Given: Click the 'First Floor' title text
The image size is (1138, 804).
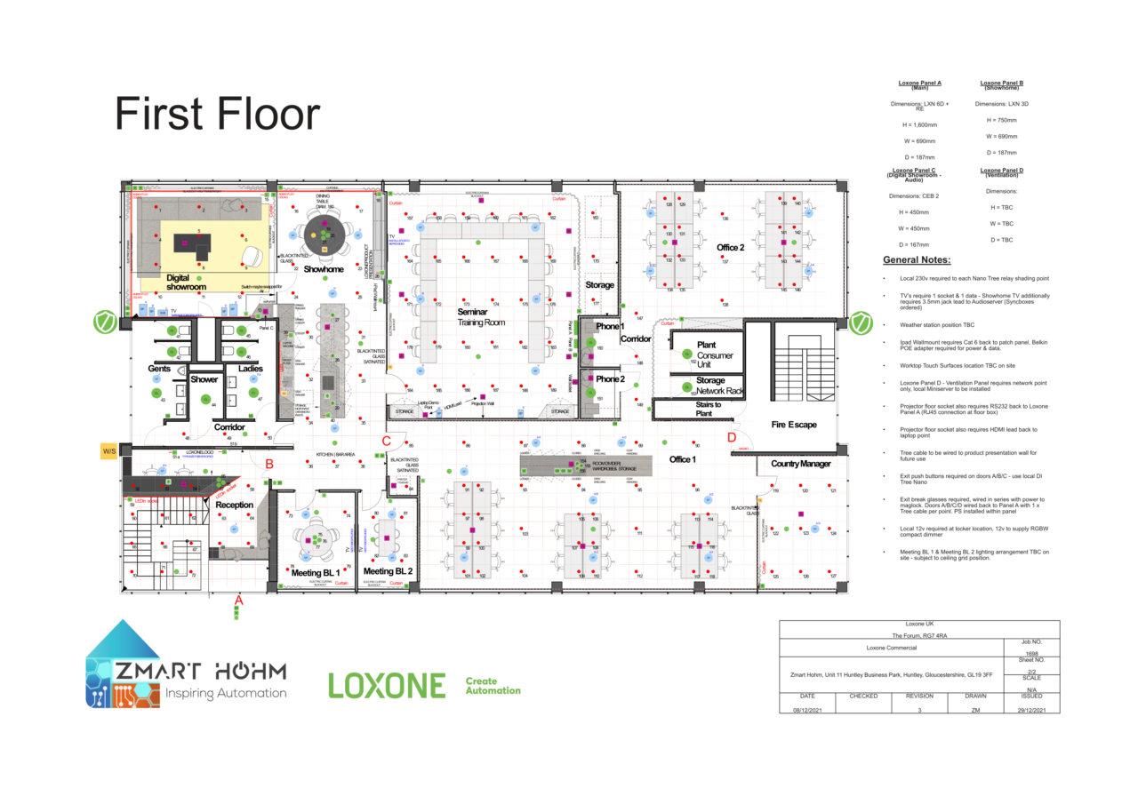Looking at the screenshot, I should click(x=217, y=115).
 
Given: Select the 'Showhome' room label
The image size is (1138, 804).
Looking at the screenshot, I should click(x=324, y=268).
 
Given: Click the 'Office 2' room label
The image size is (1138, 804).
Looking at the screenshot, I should click(x=730, y=246).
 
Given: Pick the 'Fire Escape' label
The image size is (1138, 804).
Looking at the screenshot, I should click(x=793, y=425).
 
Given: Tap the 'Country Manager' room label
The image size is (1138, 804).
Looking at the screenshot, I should click(x=801, y=464).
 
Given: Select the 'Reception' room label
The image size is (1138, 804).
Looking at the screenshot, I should click(x=234, y=505).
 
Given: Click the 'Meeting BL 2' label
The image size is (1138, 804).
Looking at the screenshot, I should click(x=389, y=571).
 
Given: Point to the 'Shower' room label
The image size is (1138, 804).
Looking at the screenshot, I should click(x=204, y=379).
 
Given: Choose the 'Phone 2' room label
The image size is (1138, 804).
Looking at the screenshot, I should click(x=610, y=379).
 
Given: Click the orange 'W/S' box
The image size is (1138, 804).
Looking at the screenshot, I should click(x=110, y=451).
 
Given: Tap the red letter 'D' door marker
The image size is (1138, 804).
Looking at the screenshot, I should click(x=732, y=437).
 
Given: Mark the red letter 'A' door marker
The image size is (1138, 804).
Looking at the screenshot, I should click(x=237, y=601).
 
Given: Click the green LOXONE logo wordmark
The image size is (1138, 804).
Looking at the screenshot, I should click(x=387, y=685).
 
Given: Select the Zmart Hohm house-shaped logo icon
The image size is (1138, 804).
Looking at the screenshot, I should click(x=122, y=664).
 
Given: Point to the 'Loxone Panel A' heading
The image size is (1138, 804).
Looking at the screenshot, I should click(x=919, y=83).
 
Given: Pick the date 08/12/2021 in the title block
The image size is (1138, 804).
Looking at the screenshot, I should click(x=807, y=710).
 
